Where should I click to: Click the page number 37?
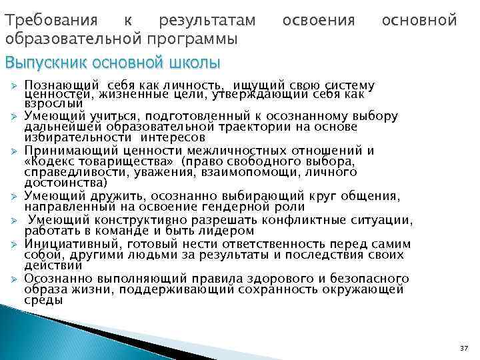pyautogui.click(x=464, y=349)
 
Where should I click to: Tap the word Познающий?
pyautogui.click(x=62, y=86)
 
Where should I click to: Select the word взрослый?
pyautogui.click(x=53, y=103)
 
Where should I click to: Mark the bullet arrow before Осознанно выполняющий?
pyautogui.click(x=11, y=278)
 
